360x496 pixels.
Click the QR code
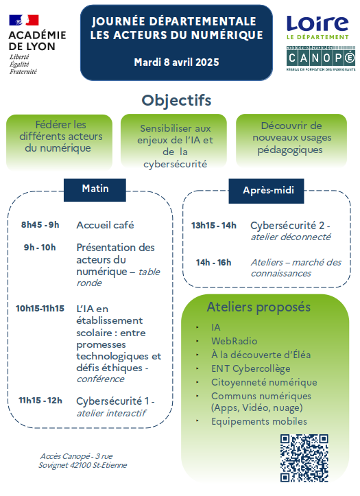pos(304,458)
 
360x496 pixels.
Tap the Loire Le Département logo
pos(317,27)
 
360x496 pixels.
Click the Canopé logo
pos(321,58)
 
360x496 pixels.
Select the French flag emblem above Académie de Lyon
pos(24,21)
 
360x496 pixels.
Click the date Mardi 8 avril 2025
pos(176,62)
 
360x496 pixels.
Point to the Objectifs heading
pos(176,101)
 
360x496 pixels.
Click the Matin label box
pos(95,190)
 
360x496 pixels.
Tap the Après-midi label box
pos(266,191)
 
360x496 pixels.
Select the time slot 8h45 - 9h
pos(40,224)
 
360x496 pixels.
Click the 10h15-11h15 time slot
pos(40,308)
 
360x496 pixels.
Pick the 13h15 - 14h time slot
pos(214,225)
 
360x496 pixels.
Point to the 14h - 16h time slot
pos(214,262)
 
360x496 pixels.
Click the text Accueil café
pos(105,225)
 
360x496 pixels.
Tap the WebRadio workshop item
pos(235,341)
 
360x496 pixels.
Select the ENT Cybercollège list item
pos(251,368)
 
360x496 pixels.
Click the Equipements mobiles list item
pos(259,421)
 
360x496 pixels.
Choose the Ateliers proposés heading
pos(259,307)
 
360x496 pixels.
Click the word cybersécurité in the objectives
pos(175,164)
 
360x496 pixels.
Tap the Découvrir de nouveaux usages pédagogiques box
pos(291,141)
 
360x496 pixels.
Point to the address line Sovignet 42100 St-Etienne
pos(83,465)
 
